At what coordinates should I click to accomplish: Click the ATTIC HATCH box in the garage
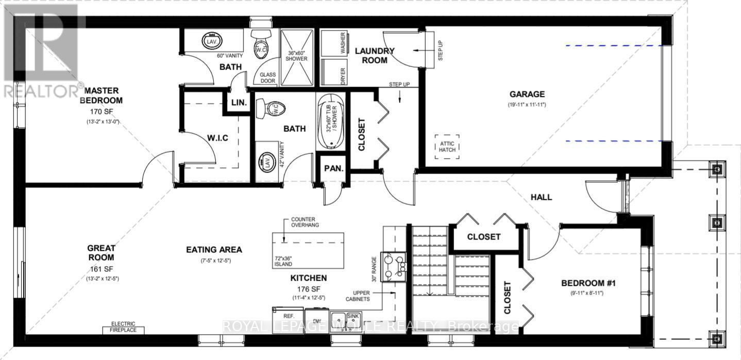coord(447,146)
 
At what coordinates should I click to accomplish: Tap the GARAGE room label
coord(527,94)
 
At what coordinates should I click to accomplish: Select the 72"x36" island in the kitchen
coord(308,250)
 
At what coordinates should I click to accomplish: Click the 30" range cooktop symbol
coord(393,266)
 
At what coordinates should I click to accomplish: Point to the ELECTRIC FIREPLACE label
coord(123,327)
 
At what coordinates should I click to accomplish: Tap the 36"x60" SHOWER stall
coord(296,56)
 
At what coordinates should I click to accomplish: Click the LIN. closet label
coord(239,103)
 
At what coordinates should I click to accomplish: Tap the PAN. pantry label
coord(330,168)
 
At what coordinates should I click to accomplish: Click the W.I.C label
coord(218,138)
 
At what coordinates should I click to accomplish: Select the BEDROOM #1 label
coord(588,283)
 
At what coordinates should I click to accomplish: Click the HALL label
coord(541,197)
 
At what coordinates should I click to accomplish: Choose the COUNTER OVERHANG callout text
coord(303,222)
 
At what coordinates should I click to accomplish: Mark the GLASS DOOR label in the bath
coord(268,78)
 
